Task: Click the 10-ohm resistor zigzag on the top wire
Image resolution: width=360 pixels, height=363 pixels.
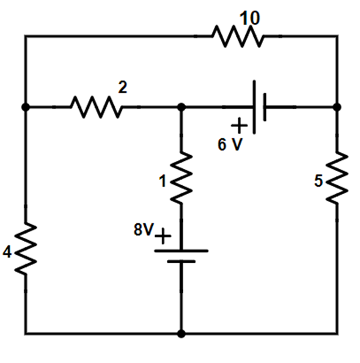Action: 238,37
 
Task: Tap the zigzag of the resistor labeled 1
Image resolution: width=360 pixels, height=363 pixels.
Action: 181,178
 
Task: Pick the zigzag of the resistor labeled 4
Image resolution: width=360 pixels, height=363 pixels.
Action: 25,249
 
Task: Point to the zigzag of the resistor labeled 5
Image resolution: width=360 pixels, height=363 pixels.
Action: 337,178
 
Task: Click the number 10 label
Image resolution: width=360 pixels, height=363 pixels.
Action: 249,18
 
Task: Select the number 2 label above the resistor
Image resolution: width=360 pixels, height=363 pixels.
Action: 122,87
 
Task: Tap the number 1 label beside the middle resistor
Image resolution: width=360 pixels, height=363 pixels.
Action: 162,182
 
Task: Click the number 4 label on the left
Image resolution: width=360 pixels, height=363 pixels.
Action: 7,253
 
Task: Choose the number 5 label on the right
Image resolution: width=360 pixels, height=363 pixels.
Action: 319,182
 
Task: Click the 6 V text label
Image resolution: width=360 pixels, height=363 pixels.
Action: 229,144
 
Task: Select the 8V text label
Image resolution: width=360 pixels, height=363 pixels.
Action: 143,230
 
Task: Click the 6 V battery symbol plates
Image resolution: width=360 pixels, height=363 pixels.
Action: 259,106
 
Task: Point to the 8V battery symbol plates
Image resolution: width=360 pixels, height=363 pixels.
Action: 181,255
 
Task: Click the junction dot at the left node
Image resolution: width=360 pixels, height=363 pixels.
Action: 25,106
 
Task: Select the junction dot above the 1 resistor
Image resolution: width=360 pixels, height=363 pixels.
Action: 181,106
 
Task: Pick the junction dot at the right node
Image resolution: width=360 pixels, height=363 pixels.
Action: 337,106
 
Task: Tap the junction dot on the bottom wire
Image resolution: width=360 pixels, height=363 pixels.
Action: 181,334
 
